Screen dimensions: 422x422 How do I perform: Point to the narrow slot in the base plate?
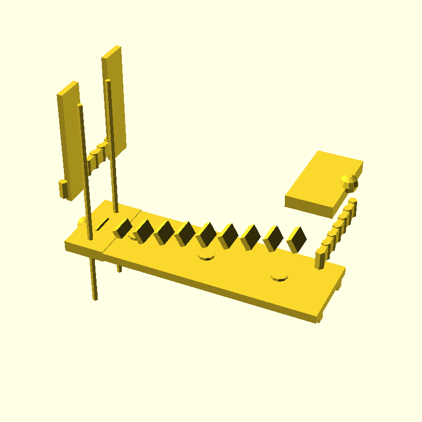point(102,224)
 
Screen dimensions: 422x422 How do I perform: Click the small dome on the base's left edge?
point(81,222)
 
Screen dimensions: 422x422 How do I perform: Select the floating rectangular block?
point(322,182)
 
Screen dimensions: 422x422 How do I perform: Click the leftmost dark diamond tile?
point(123,228)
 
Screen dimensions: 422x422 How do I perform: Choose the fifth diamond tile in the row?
point(207,235)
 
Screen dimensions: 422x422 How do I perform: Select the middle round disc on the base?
point(206,256)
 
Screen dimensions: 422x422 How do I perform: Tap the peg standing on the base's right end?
point(320,258)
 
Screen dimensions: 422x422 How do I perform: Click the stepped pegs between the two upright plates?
point(97,155)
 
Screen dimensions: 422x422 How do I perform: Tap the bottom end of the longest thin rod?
point(95,298)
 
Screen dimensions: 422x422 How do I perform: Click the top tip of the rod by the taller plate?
point(108,81)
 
